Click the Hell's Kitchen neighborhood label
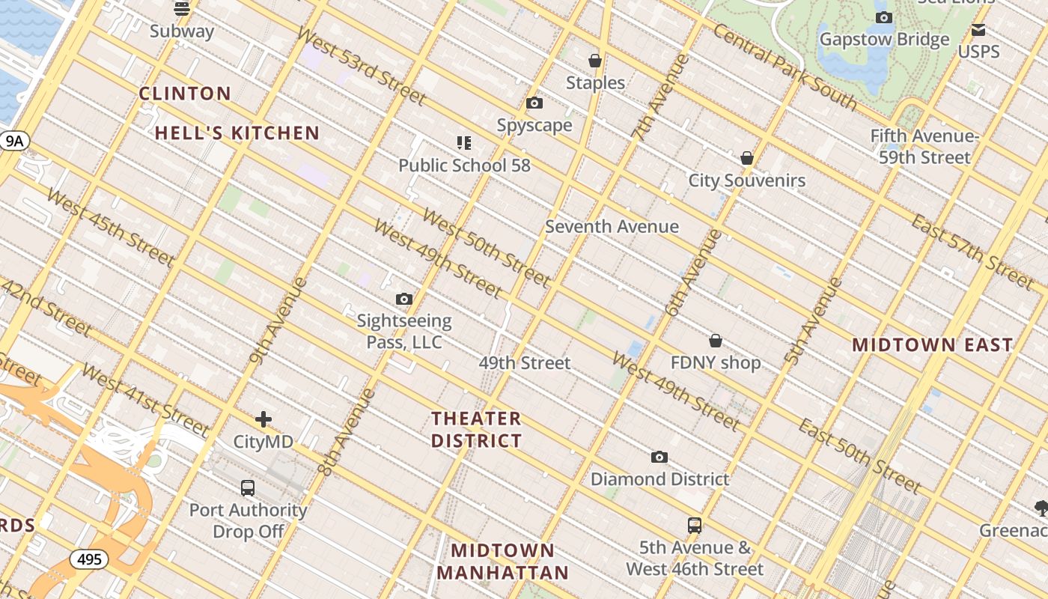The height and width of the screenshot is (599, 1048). pyautogui.click(x=237, y=133)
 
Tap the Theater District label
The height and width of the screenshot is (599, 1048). pyautogui.click(x=476, y=430)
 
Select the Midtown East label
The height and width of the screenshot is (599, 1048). pyautogui.click(x=932, y=345)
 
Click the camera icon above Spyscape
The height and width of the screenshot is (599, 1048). pyautogui.click(x=534, y=103)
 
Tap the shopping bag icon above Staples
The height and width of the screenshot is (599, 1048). pyautogui.click(x=595, y=61)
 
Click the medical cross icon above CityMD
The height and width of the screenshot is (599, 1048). pyautogui.click(x=263, y=419)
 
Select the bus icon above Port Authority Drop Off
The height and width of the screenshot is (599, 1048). pyautogui.click(x=248, y=488)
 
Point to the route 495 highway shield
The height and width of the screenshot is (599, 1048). pyautogui.click(x=89, y=559)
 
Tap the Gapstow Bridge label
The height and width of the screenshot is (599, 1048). pyautogui.click(x=884, y=40)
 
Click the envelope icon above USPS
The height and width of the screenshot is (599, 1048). pyautogui.click(x=978, y=31)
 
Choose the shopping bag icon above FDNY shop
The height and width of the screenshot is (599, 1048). pyautogui.click(x=716, y=341)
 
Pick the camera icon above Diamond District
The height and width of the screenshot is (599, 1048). pyautogui.click(x=659, y=457)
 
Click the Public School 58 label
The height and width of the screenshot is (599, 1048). pyautogui.click(x=464, y=165)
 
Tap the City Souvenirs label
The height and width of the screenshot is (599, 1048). pyautogui.click(x=746, y=180)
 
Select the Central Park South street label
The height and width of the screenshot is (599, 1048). pyautogui.click(x=785, y=67)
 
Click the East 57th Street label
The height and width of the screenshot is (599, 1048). pyautogui.click(x=972, y=252)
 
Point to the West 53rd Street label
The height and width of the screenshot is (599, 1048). pyautogui.click(x=361, y=66)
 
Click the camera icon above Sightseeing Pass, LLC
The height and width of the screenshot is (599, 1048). pyautogui.click(x=404, y=299)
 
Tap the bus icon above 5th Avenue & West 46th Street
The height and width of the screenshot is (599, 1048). pyautogui.click(x=695, y=526)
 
